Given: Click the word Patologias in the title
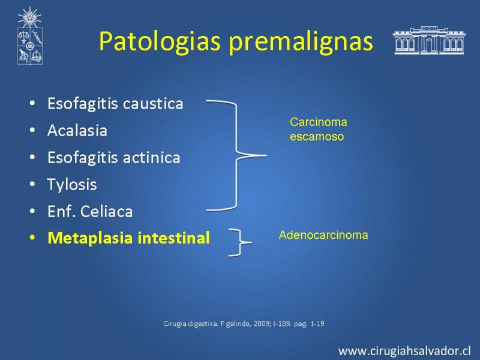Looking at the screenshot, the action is [160, 42].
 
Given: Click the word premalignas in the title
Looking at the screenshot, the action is [301, 42].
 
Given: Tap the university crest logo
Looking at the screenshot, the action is [29, 36].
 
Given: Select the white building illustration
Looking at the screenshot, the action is [429, 40].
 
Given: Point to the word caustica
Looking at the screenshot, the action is [153, 104].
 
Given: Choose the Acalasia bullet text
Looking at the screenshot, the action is [77, 131].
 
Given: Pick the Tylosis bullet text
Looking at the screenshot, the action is [72, 185].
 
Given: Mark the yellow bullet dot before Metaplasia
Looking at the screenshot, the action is [32, 238].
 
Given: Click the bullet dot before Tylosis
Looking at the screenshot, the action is [32, 184].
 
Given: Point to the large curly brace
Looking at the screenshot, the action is [236, 155].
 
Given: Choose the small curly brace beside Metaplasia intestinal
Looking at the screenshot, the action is [241, 242].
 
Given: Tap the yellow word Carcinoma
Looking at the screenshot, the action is [319, 122].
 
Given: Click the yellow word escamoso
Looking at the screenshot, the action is [317, 137].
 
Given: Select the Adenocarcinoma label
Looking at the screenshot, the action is [323, 235].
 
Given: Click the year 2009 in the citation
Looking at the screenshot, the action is [261, 323].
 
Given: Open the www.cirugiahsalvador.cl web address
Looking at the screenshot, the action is [404, 351].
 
